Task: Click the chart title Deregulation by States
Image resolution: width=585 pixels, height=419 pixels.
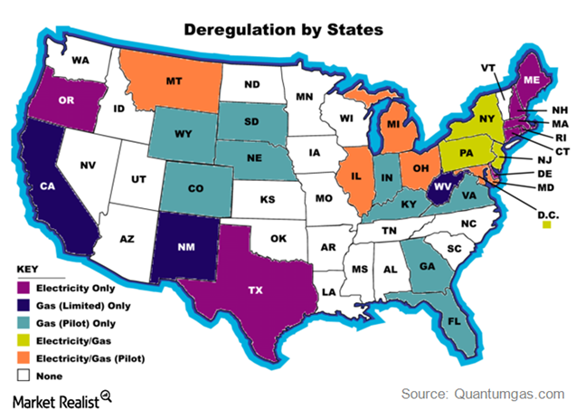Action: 283,29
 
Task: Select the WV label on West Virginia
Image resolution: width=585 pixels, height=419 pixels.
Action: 442,185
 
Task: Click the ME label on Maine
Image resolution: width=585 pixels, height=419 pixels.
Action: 535,79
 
